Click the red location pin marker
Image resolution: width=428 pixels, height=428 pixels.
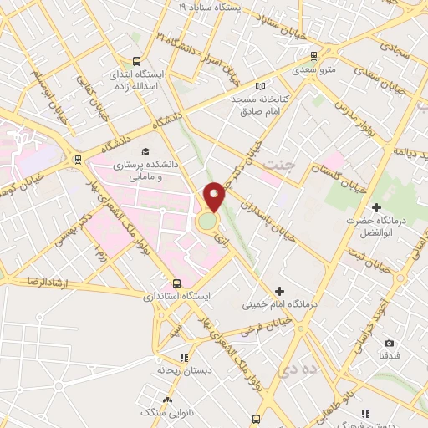[214, 196]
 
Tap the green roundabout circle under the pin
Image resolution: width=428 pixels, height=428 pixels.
[206, 222]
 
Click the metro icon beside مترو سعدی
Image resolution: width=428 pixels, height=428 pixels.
[314, 57]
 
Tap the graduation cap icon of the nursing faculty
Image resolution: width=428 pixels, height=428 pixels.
[146, 152]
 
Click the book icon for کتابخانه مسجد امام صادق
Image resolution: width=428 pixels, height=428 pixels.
[260, 86]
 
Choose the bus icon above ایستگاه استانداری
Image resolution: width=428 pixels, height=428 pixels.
[176, 283]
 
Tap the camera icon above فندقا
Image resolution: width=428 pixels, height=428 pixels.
[389, 343]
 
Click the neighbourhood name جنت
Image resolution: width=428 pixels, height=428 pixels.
[278, 164]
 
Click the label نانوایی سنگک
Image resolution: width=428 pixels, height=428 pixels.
[160, 411]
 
